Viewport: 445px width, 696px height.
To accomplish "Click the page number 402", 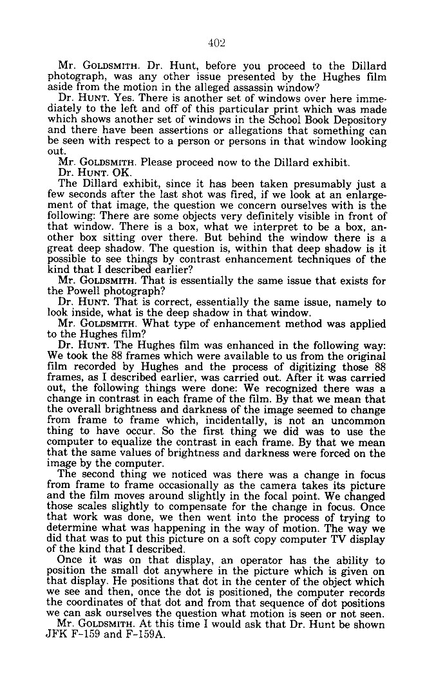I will pyautogui.click(x=216, y=44).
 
